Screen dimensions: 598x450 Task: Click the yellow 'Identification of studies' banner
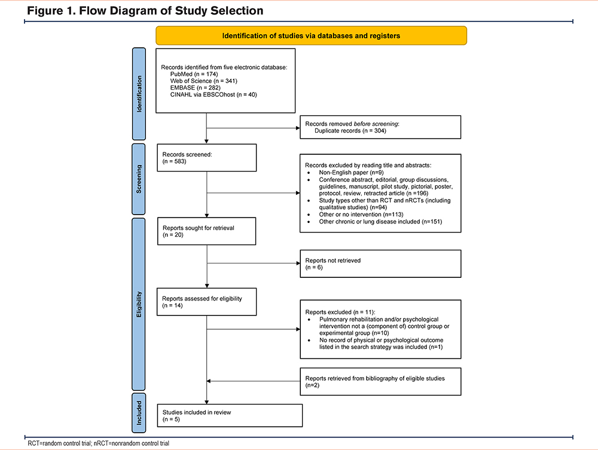coord(311,35)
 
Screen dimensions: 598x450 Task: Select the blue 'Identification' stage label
coord(139,94)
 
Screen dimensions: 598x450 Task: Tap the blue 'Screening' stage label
coord(139,179)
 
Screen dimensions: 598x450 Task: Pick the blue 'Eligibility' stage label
coord(139,304)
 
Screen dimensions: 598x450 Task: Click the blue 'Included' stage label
coord(139,413)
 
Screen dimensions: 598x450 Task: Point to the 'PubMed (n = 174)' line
coord(194,74)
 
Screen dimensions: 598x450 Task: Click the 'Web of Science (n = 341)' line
coord(204,81)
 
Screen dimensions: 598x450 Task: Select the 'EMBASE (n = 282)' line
coord(196,88)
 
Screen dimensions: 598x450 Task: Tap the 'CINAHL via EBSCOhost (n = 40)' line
coord(213,94)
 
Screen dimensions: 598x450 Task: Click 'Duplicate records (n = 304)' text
coord(350,131)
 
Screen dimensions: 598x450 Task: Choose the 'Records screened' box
coord(207,158)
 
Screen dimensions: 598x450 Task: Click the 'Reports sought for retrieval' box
coord(207,231)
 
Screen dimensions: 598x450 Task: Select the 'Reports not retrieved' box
coord(380,264)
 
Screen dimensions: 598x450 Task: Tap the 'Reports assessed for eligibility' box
coord(207,302)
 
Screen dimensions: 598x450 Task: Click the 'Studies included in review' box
coord(230,415)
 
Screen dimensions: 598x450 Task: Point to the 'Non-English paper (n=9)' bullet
coord(351,172)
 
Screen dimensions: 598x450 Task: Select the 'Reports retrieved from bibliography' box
coord(380,381)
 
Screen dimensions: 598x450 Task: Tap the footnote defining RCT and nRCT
coord(99,443)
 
